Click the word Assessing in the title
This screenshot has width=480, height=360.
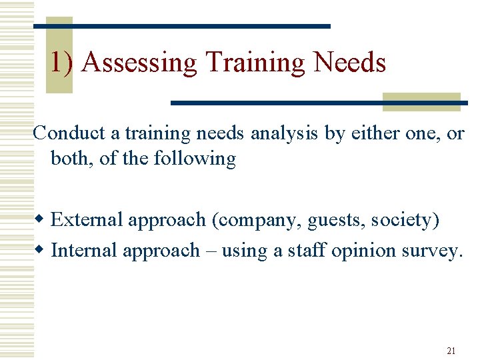(x=140, y=63)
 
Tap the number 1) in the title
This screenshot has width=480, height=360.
(x=64, y=63)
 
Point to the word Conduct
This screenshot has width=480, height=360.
(x=69, y=133)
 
